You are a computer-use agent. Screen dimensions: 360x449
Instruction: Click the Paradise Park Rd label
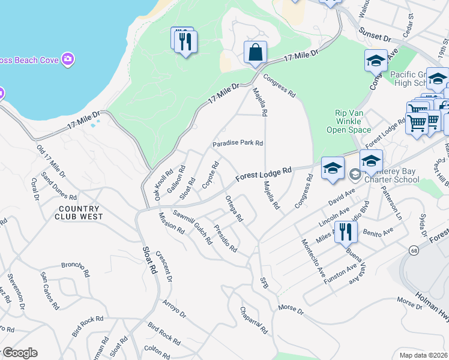click(x=238, y=144)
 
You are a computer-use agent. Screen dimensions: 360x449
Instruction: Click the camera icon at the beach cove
click(x=68, y=59)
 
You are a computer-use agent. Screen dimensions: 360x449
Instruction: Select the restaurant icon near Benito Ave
click(x=345, y=232)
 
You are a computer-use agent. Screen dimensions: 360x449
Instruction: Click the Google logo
click(x=19, y=353)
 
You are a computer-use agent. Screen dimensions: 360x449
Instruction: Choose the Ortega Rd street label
click(x=234, y=208)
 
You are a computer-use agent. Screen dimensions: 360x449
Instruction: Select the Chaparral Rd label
click(x=253, y=322)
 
